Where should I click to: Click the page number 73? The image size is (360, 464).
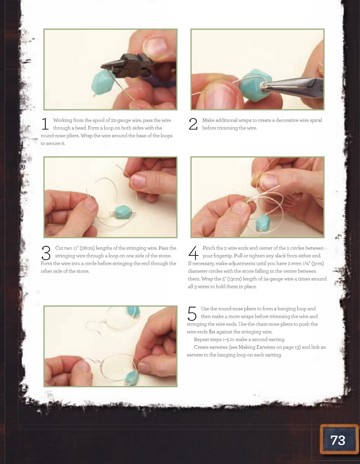[x=338, y=440]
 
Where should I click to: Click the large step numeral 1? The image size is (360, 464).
[x=45, y=124]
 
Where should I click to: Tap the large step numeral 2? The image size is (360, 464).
[x=193, y=124]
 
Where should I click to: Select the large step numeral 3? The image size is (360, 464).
[x=46, y=253]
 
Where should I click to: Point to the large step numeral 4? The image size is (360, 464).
[x=193, y=253]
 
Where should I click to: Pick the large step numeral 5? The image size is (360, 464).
[x=192, y=313]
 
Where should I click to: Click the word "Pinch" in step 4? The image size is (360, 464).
[x=209, y=248]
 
